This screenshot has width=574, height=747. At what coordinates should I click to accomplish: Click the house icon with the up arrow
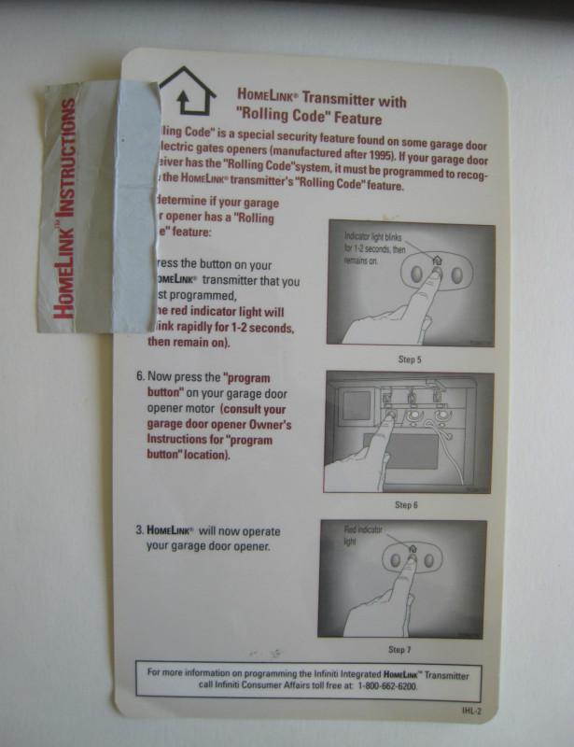[x=188, y=90]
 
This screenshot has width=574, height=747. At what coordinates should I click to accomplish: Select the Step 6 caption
[x=405, y=505]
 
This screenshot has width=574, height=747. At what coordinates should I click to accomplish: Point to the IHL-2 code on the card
[x=472, y=712]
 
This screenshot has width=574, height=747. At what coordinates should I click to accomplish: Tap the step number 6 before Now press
[x=140, y=378]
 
